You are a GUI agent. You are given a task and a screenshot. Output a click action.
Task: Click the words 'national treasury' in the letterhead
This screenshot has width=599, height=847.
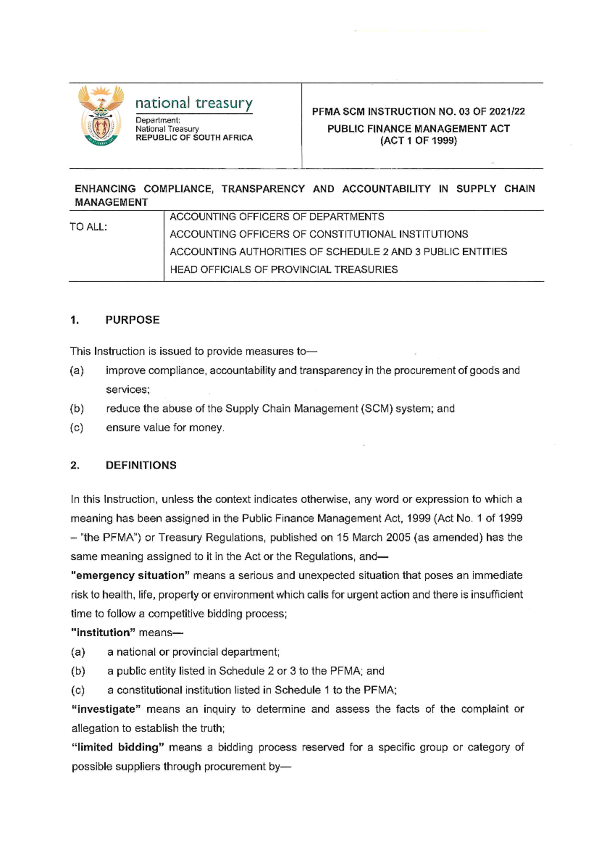(194, 103)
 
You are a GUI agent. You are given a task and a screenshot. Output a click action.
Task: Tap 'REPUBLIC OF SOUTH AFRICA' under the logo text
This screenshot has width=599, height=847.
(194, 137)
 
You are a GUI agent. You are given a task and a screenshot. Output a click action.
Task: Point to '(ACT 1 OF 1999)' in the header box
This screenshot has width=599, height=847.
(418, 140)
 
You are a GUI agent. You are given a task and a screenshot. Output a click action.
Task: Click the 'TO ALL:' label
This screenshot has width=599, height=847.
(88, 227)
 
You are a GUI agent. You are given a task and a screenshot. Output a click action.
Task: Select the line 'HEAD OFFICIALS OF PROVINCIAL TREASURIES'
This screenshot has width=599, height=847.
(284, 270)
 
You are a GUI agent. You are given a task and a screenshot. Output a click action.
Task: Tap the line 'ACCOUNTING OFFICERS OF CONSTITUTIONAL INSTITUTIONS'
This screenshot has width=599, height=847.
(318, 234)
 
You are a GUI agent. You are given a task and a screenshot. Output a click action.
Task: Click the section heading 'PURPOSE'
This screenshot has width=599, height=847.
(132, 320)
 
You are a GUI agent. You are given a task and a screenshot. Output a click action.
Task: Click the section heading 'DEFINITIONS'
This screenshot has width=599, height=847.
(141, 465)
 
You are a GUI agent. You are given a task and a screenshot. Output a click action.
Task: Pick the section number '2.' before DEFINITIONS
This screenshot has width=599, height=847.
(75, 465)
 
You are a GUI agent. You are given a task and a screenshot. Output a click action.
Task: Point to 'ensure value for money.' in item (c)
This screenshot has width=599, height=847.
(165, 427)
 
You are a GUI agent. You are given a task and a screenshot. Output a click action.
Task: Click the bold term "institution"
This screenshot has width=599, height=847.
(103, 633)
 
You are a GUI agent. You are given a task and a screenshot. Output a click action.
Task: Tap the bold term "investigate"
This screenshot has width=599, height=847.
(106, 709)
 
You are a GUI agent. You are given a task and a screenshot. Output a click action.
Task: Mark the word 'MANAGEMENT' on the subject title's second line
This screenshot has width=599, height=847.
(111, 202)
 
